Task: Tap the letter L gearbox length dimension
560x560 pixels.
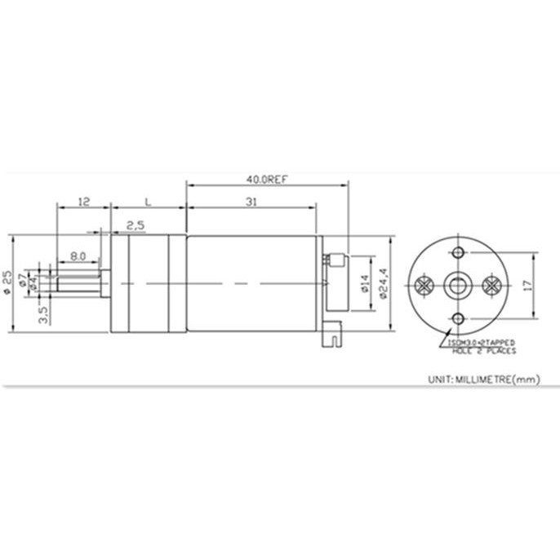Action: pos(148,201)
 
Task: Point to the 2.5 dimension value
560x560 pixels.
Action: pos(136,224)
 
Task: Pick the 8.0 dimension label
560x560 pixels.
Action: pos(78,256)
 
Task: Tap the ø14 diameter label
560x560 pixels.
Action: pos(365,284)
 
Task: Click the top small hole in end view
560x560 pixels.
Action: pos(457,251)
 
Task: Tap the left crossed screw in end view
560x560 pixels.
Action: pos(424,285)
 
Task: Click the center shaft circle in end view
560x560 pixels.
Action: pos(457,285)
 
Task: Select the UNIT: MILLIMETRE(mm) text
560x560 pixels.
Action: pos(484,379)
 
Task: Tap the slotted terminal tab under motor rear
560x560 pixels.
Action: pos(333,332)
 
